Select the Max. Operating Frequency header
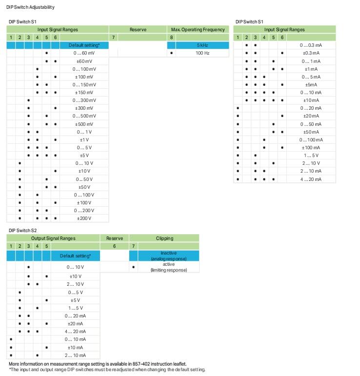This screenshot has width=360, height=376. pos(198,30)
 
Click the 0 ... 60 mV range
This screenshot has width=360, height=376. pos(84,53)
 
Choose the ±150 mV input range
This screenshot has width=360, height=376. pos(84,92)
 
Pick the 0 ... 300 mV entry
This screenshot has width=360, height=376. pos(84,100)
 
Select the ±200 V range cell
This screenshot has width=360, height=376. pos(84,218)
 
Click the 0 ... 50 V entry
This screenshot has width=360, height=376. pos(84,179)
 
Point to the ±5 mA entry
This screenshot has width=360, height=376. pos(312,84)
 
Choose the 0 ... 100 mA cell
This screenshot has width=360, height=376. pos(311,139)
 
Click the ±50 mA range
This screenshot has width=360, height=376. pos(312,132)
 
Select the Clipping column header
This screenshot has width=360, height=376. pos(164,238)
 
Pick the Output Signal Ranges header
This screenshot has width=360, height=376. pos(53,238)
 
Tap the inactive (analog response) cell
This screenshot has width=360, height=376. pos(168,256)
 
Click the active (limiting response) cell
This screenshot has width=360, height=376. pos(168,267)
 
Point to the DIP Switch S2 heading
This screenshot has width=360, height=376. pos(22,230)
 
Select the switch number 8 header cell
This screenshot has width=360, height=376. pos(171,38)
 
